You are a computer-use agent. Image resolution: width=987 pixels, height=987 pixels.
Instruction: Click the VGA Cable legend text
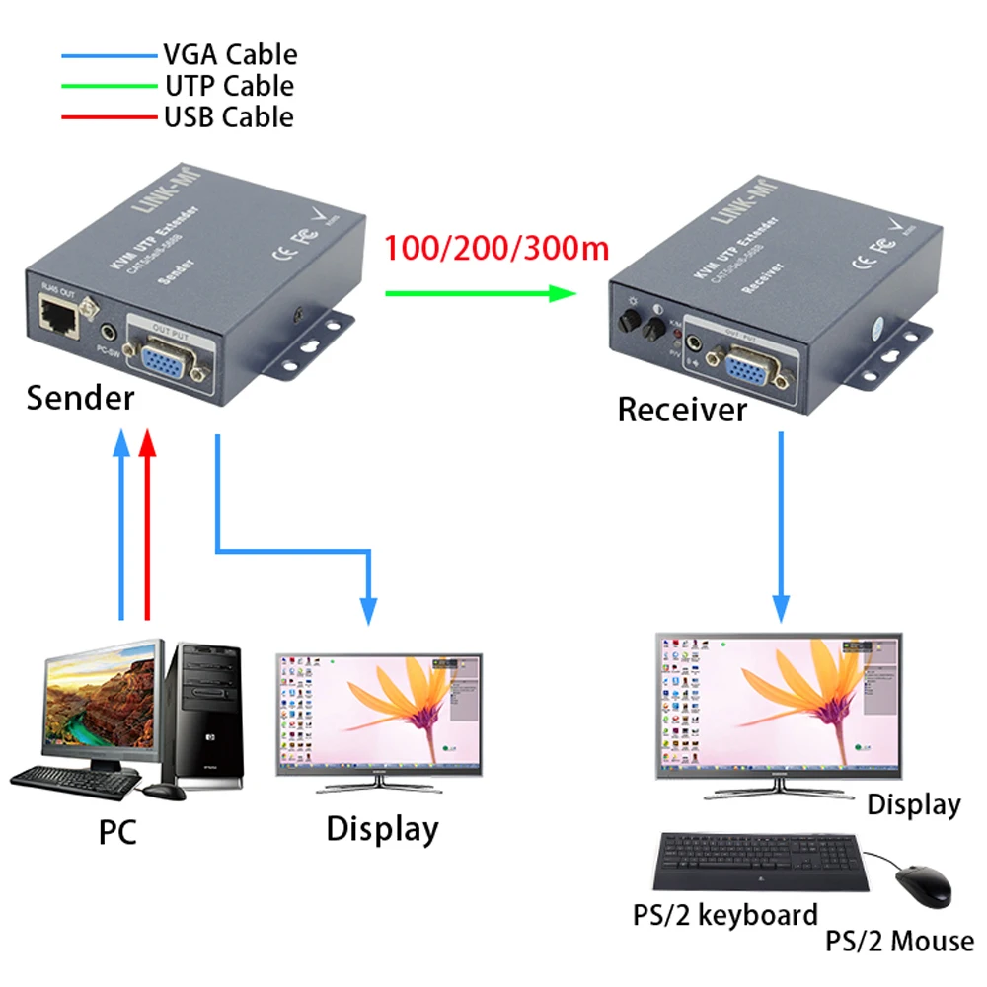click(230, 55)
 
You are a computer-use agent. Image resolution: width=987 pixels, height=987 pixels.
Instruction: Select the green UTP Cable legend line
click(109, 86)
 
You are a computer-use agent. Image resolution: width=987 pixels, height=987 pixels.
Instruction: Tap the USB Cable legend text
click(228, 116)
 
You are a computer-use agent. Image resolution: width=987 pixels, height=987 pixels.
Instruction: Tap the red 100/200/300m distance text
click(496, 248)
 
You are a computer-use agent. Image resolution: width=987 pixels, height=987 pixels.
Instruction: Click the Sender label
click(80, 398)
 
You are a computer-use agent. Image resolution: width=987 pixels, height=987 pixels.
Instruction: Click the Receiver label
click(682, 409)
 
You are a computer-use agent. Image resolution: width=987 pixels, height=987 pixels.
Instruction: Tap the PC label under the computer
click(117, 832)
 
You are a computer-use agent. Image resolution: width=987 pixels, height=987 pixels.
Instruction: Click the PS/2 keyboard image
click(760, 862)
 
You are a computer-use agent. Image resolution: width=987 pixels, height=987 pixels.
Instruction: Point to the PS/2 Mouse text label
click(899, 940)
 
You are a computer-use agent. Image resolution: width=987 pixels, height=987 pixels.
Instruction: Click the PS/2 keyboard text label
click(725, 914)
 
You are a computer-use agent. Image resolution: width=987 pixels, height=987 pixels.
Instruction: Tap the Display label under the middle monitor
click(382, 828)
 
